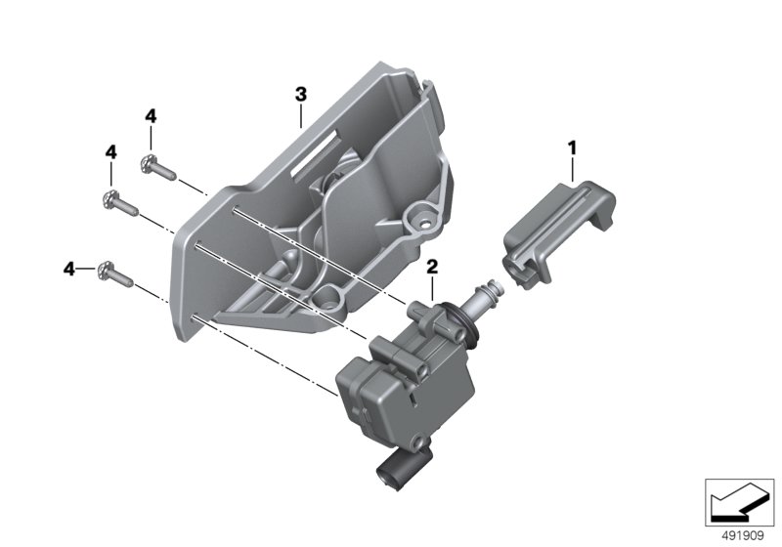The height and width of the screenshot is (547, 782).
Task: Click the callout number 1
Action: click(x=572, y=147)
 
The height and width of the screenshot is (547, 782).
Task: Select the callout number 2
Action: click(x=432, y=267)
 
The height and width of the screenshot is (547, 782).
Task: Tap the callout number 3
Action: click(x=301, y=94)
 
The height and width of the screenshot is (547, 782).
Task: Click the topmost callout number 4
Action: click(x=151, y=116)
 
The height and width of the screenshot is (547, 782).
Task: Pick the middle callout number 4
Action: click(x=110, y=152)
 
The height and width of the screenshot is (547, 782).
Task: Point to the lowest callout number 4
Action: click(x=68, y=269)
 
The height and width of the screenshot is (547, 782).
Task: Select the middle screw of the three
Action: click(x=120, y=203)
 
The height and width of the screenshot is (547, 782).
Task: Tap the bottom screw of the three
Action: click(x=115, y=274)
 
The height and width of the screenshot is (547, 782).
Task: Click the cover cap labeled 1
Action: click(x=559, y=233)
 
